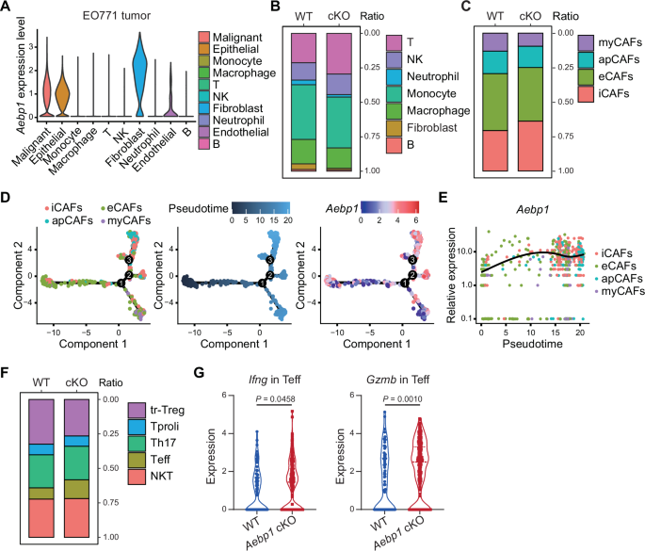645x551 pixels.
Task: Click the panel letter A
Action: pos(7,8)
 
